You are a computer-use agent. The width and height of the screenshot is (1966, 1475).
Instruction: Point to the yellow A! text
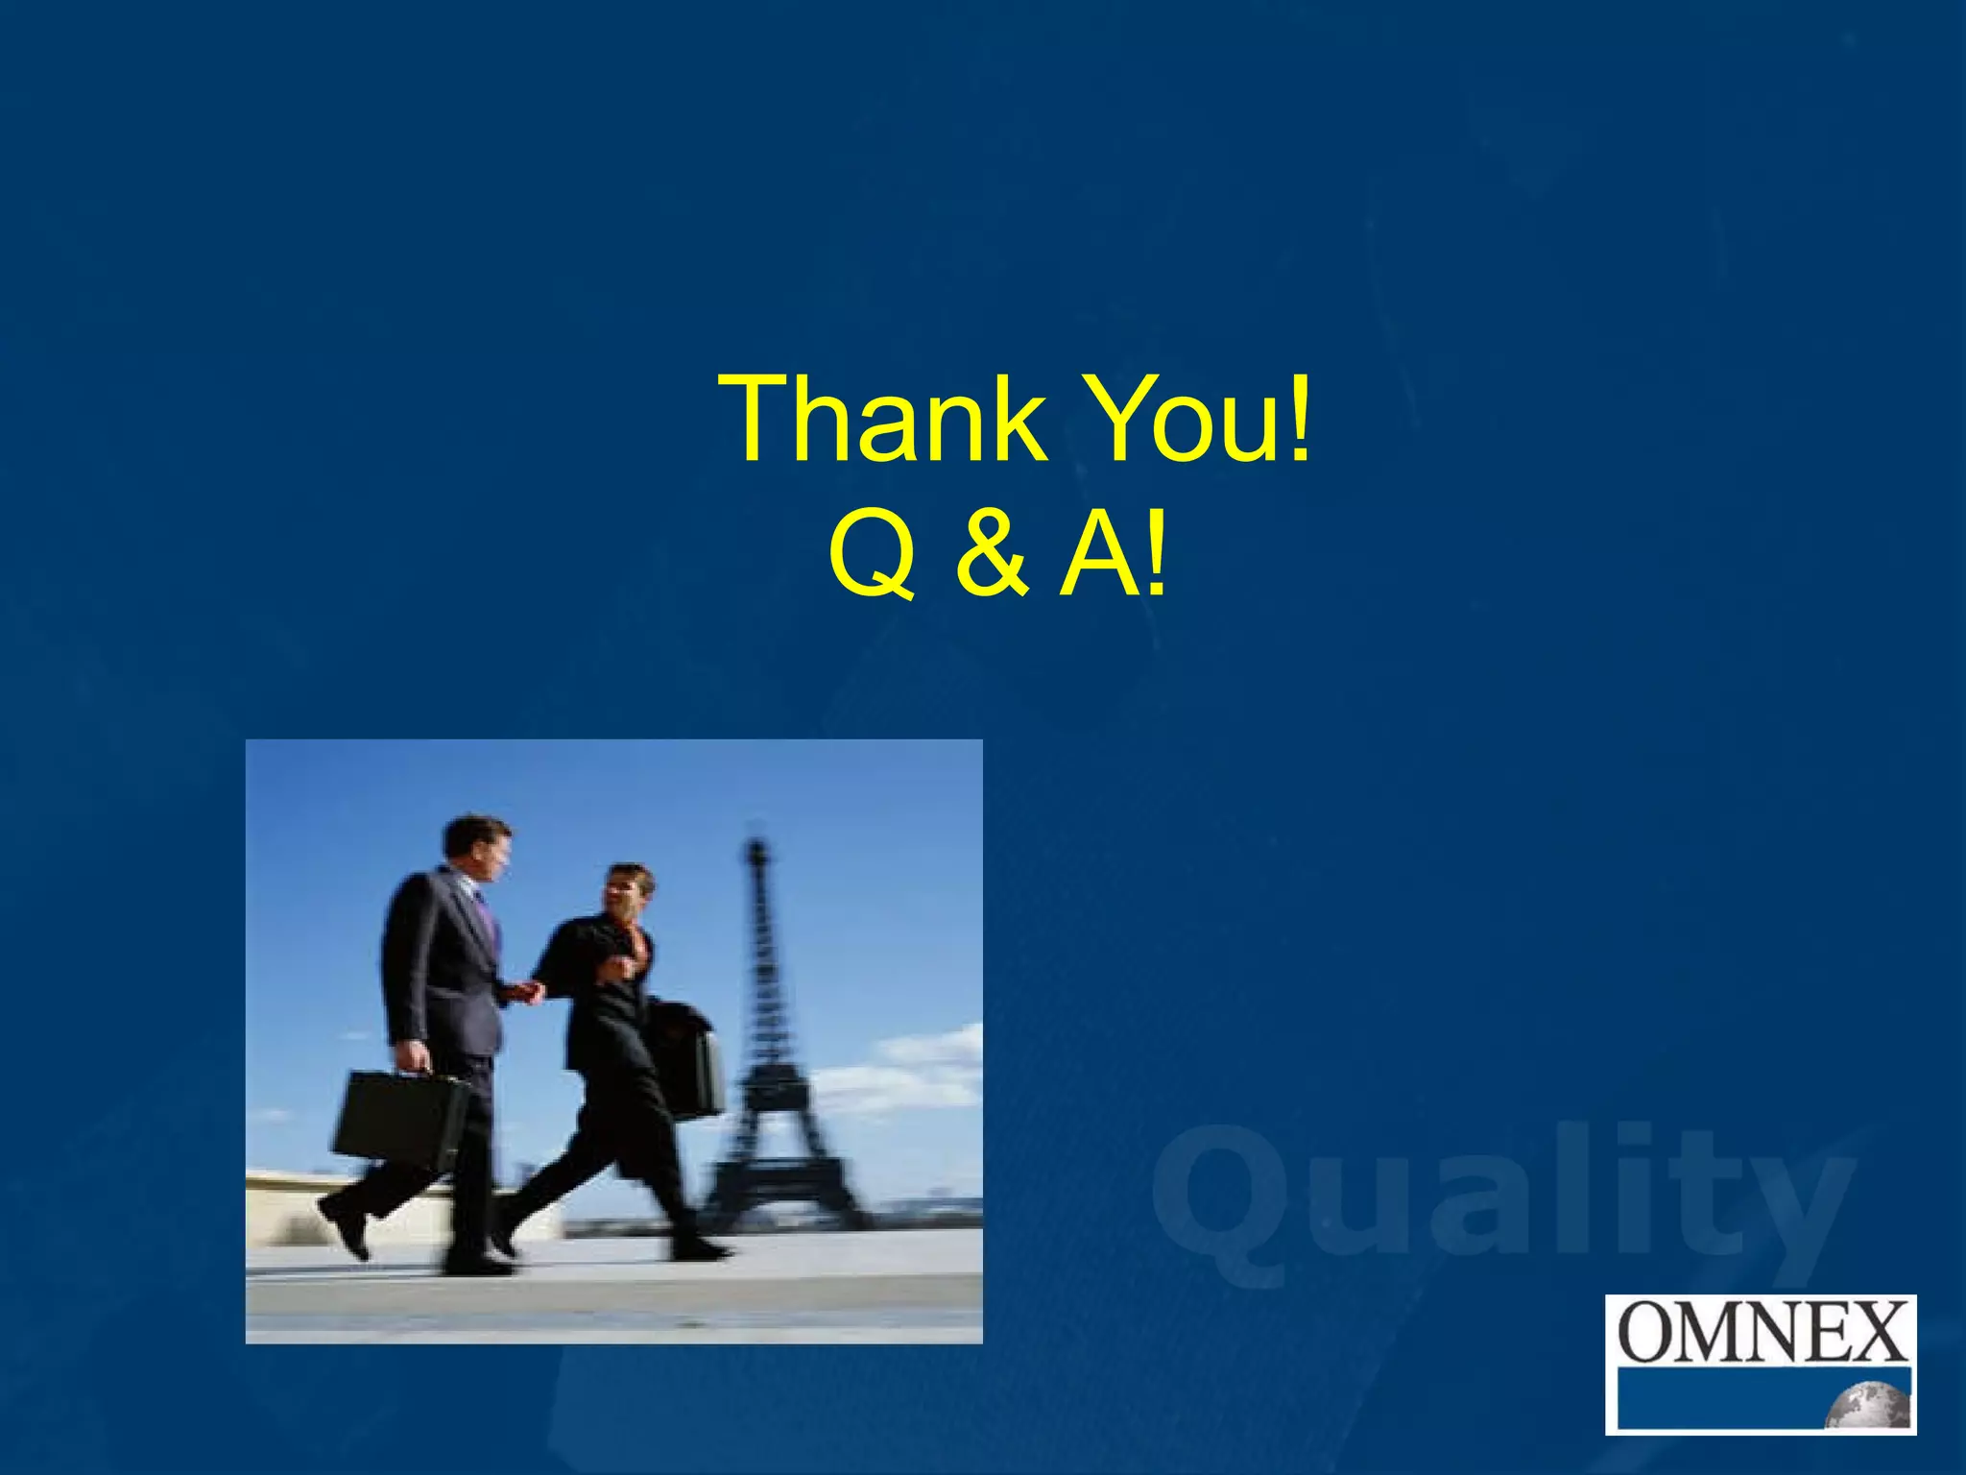tap(1114, 554)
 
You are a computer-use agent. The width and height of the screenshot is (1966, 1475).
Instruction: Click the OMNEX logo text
tap(1761, 1332)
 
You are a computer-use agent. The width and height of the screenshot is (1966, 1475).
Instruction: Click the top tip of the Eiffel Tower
tap(757, 845)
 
